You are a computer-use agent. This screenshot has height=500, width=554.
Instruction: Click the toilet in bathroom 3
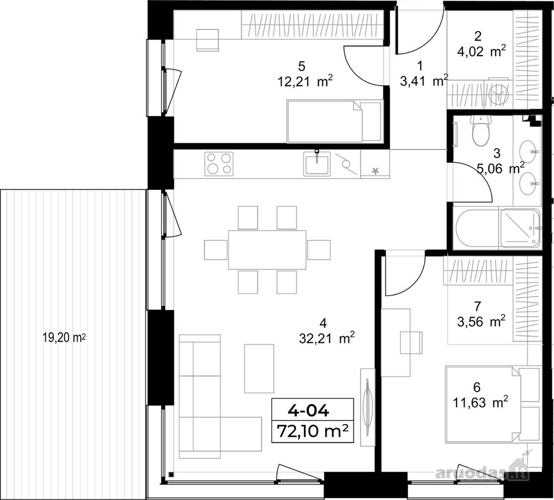tap(481, 131)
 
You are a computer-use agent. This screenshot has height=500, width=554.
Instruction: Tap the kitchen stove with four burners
tap(219, 163)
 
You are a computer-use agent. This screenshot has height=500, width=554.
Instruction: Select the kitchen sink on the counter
tap(317, 163)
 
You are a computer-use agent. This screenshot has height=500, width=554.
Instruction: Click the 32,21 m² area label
tap(327, 339)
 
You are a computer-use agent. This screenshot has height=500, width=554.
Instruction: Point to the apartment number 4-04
tap(309, 411)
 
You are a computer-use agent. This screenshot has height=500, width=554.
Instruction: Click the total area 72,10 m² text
tap(313, 431)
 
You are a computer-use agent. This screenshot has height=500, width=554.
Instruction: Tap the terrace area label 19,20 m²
tap(64, 338)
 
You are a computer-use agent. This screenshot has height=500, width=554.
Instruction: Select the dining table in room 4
tap(267, 250)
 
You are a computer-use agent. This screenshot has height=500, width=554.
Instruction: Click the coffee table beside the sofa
tap(259, 368)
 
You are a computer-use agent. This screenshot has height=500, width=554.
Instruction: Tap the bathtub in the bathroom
tap(477, 228)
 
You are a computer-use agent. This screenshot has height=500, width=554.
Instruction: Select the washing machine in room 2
tap(498, 94)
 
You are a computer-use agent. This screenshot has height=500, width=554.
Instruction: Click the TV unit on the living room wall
tap(367, 407)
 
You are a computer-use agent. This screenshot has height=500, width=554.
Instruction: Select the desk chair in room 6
tap(411, 342)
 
